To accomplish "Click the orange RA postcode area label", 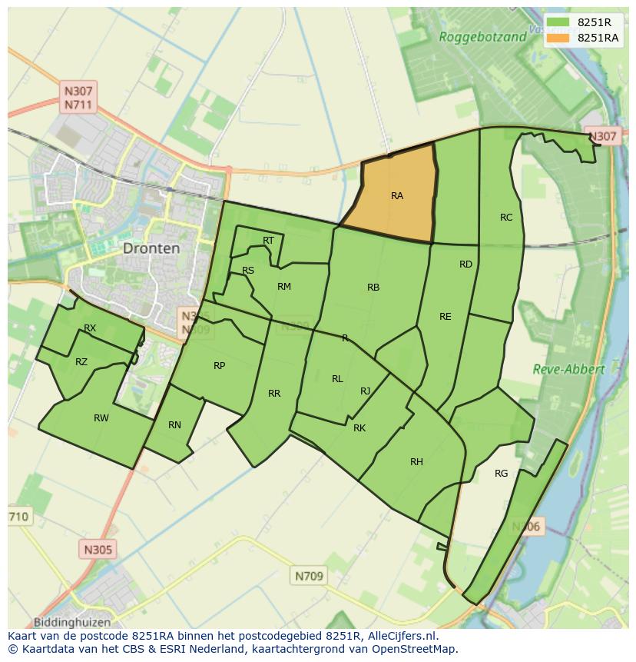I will click(x=396, y=196).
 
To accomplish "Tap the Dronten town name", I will click(x=151, y=248).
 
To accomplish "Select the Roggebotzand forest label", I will click(x=482, y=36).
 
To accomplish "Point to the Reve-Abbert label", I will click(x=568, y=369).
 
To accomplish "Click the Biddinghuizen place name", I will click(x=72, y=622).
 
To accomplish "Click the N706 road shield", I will click(x=526, y=527).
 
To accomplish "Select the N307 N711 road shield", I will click(x=80, y=98).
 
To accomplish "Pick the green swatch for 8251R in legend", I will click(x=558, y=22).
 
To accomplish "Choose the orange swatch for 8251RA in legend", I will click(x=558, y=38).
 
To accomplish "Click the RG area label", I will click(x=501, y=474).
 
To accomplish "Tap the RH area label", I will click(x=416, y=462).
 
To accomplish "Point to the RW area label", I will click(x=101, y=418).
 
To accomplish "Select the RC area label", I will click(x=505, y=218).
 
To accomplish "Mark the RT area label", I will click(x=268, y=241).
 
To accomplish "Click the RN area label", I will click(x=174, y=425).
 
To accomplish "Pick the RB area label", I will click(x=373, y=288).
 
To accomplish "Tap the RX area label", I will click(x=90, y=328).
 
